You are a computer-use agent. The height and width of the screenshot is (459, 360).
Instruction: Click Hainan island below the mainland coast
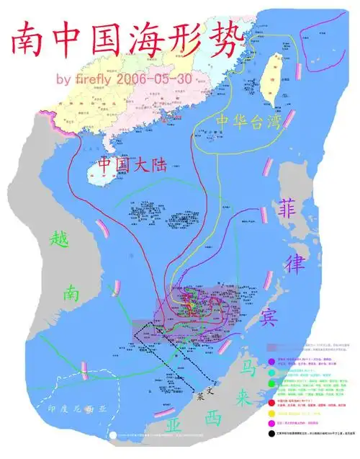click(101, 171)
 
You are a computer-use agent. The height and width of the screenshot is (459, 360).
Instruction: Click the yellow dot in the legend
click(269, 414)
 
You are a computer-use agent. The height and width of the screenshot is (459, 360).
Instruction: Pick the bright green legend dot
click(269, 384)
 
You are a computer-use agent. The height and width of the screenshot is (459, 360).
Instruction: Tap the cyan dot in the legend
click(269, 373)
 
